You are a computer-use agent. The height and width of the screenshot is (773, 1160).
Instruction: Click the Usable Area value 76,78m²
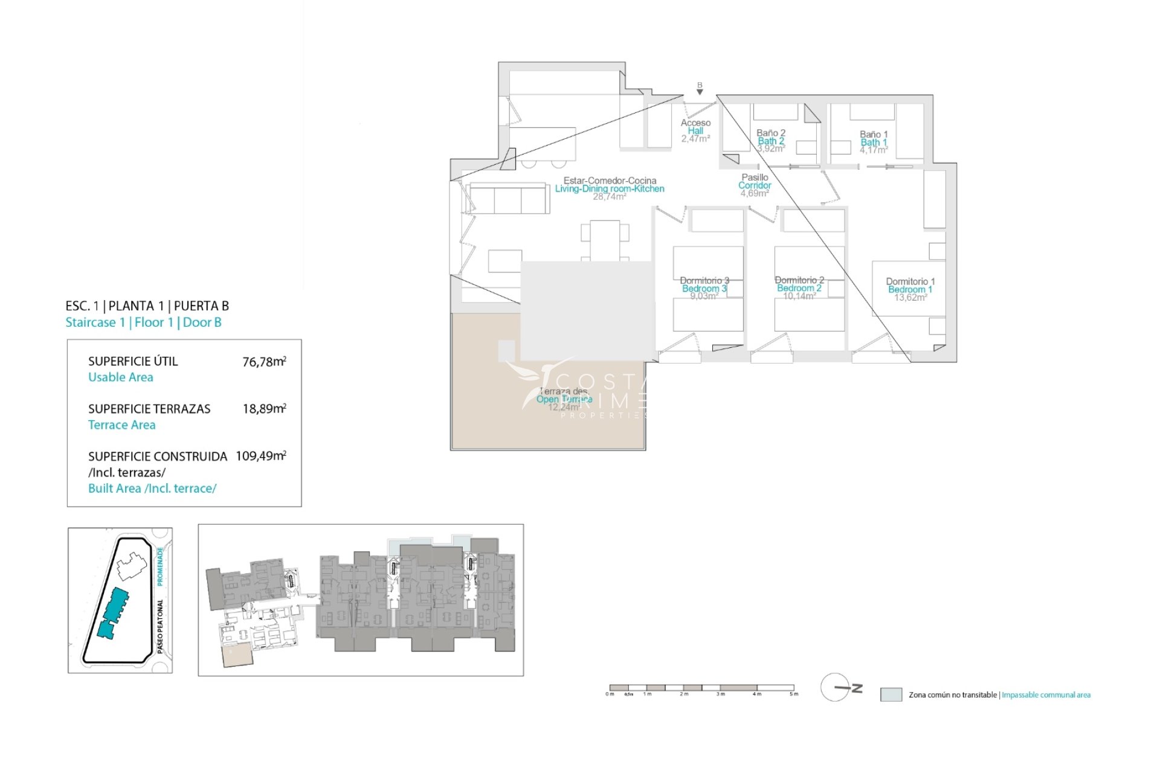tap(264, 362)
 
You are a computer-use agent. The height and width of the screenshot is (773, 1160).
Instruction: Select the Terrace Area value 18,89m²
tap(264, 409)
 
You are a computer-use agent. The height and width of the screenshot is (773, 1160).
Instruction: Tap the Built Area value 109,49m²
tap(260, 456)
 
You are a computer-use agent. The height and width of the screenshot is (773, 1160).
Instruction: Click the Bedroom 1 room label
tap(910, 289)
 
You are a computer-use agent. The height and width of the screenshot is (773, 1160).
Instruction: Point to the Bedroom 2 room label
tap(799, 288)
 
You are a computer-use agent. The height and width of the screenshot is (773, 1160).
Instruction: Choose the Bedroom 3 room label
tap(704, 288)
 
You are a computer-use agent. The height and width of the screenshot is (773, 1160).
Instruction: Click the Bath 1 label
tap(874, 142)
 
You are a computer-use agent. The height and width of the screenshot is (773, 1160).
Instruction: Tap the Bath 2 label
tap(771, 141)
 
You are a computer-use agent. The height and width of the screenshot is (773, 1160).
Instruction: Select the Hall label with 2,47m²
tap(695, 130)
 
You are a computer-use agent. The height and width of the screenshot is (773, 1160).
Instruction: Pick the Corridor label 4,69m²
tap(755, 185)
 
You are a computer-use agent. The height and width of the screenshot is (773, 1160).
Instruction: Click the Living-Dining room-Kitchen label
tap(609, 188)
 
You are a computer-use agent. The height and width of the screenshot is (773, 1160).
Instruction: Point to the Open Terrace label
tap(564, 399)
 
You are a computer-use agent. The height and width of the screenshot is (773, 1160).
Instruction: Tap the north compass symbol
tap(837, 687)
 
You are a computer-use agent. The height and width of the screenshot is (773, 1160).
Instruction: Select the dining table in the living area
tap(605, 240)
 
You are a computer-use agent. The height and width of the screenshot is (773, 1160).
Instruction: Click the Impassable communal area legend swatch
tap(891, 694)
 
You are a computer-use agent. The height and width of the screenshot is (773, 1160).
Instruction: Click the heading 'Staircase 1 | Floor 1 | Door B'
tap(143, 322)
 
